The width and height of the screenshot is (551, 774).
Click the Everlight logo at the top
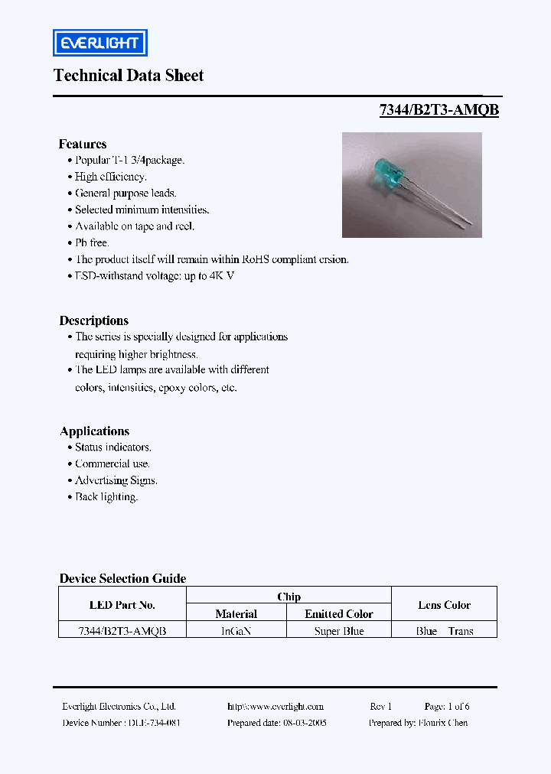[99, 43]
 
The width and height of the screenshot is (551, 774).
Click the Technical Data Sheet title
[129, 75]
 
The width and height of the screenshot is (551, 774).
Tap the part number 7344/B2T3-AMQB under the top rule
[439, 110]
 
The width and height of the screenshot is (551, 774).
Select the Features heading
[83, 144]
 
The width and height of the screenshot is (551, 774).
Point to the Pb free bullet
[92, 242]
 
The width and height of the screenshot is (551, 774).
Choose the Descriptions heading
[94, 320]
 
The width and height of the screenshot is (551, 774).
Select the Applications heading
[95, 431]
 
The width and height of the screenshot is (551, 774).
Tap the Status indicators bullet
[112, 447]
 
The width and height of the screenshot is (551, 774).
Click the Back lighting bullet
[106, 497]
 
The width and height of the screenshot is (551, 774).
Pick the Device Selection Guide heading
[123, 579]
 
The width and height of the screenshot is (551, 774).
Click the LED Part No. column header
[122, 605]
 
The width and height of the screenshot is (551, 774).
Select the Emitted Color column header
[339, 614]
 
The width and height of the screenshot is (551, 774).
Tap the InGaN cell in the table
[236, 631]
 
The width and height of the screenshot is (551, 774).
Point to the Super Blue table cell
[339, 631]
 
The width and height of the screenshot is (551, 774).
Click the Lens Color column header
[445, 605]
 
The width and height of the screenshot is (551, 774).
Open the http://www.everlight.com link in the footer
[275, 707]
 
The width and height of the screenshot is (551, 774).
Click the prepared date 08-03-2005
[304, 723]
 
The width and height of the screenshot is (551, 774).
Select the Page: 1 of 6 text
[447, 707]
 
